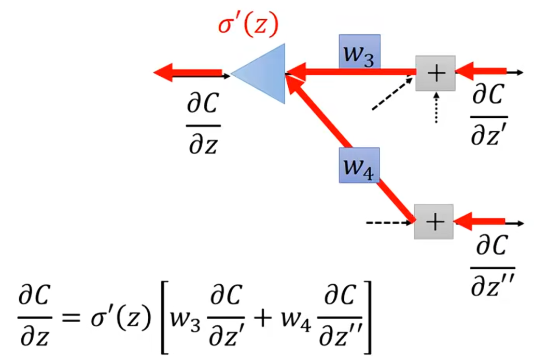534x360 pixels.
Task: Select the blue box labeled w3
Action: click(x=360, y=52)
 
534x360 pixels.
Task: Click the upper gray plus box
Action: click(x=435, y=74)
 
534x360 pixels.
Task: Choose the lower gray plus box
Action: click(x=434, y=222)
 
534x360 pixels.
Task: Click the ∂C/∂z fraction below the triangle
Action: click(x=203, y=124)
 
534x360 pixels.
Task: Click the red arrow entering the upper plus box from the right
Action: click(x=482, y=72)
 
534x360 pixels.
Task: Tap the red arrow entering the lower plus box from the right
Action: click(x=482, y=221)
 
